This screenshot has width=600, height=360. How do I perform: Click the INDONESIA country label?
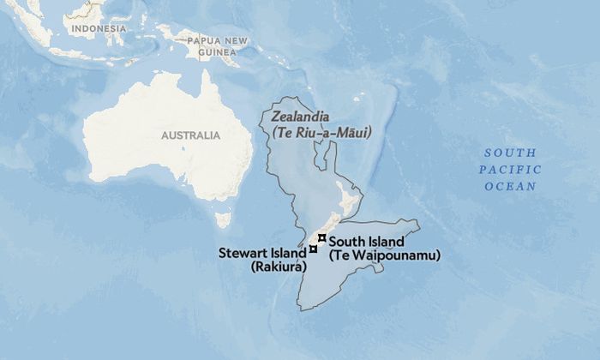point(99,28)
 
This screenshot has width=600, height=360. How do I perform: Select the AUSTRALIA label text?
point(190,135)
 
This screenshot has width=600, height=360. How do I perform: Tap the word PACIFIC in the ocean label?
point(509,169)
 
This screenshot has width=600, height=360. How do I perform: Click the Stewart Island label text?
point(261,254)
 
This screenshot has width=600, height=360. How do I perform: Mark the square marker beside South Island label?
point(321,237)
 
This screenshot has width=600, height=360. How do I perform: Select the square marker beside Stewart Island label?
point(314,249)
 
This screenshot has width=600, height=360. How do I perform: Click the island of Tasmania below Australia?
point(223,219)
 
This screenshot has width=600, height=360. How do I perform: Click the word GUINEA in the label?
point(217,51)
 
